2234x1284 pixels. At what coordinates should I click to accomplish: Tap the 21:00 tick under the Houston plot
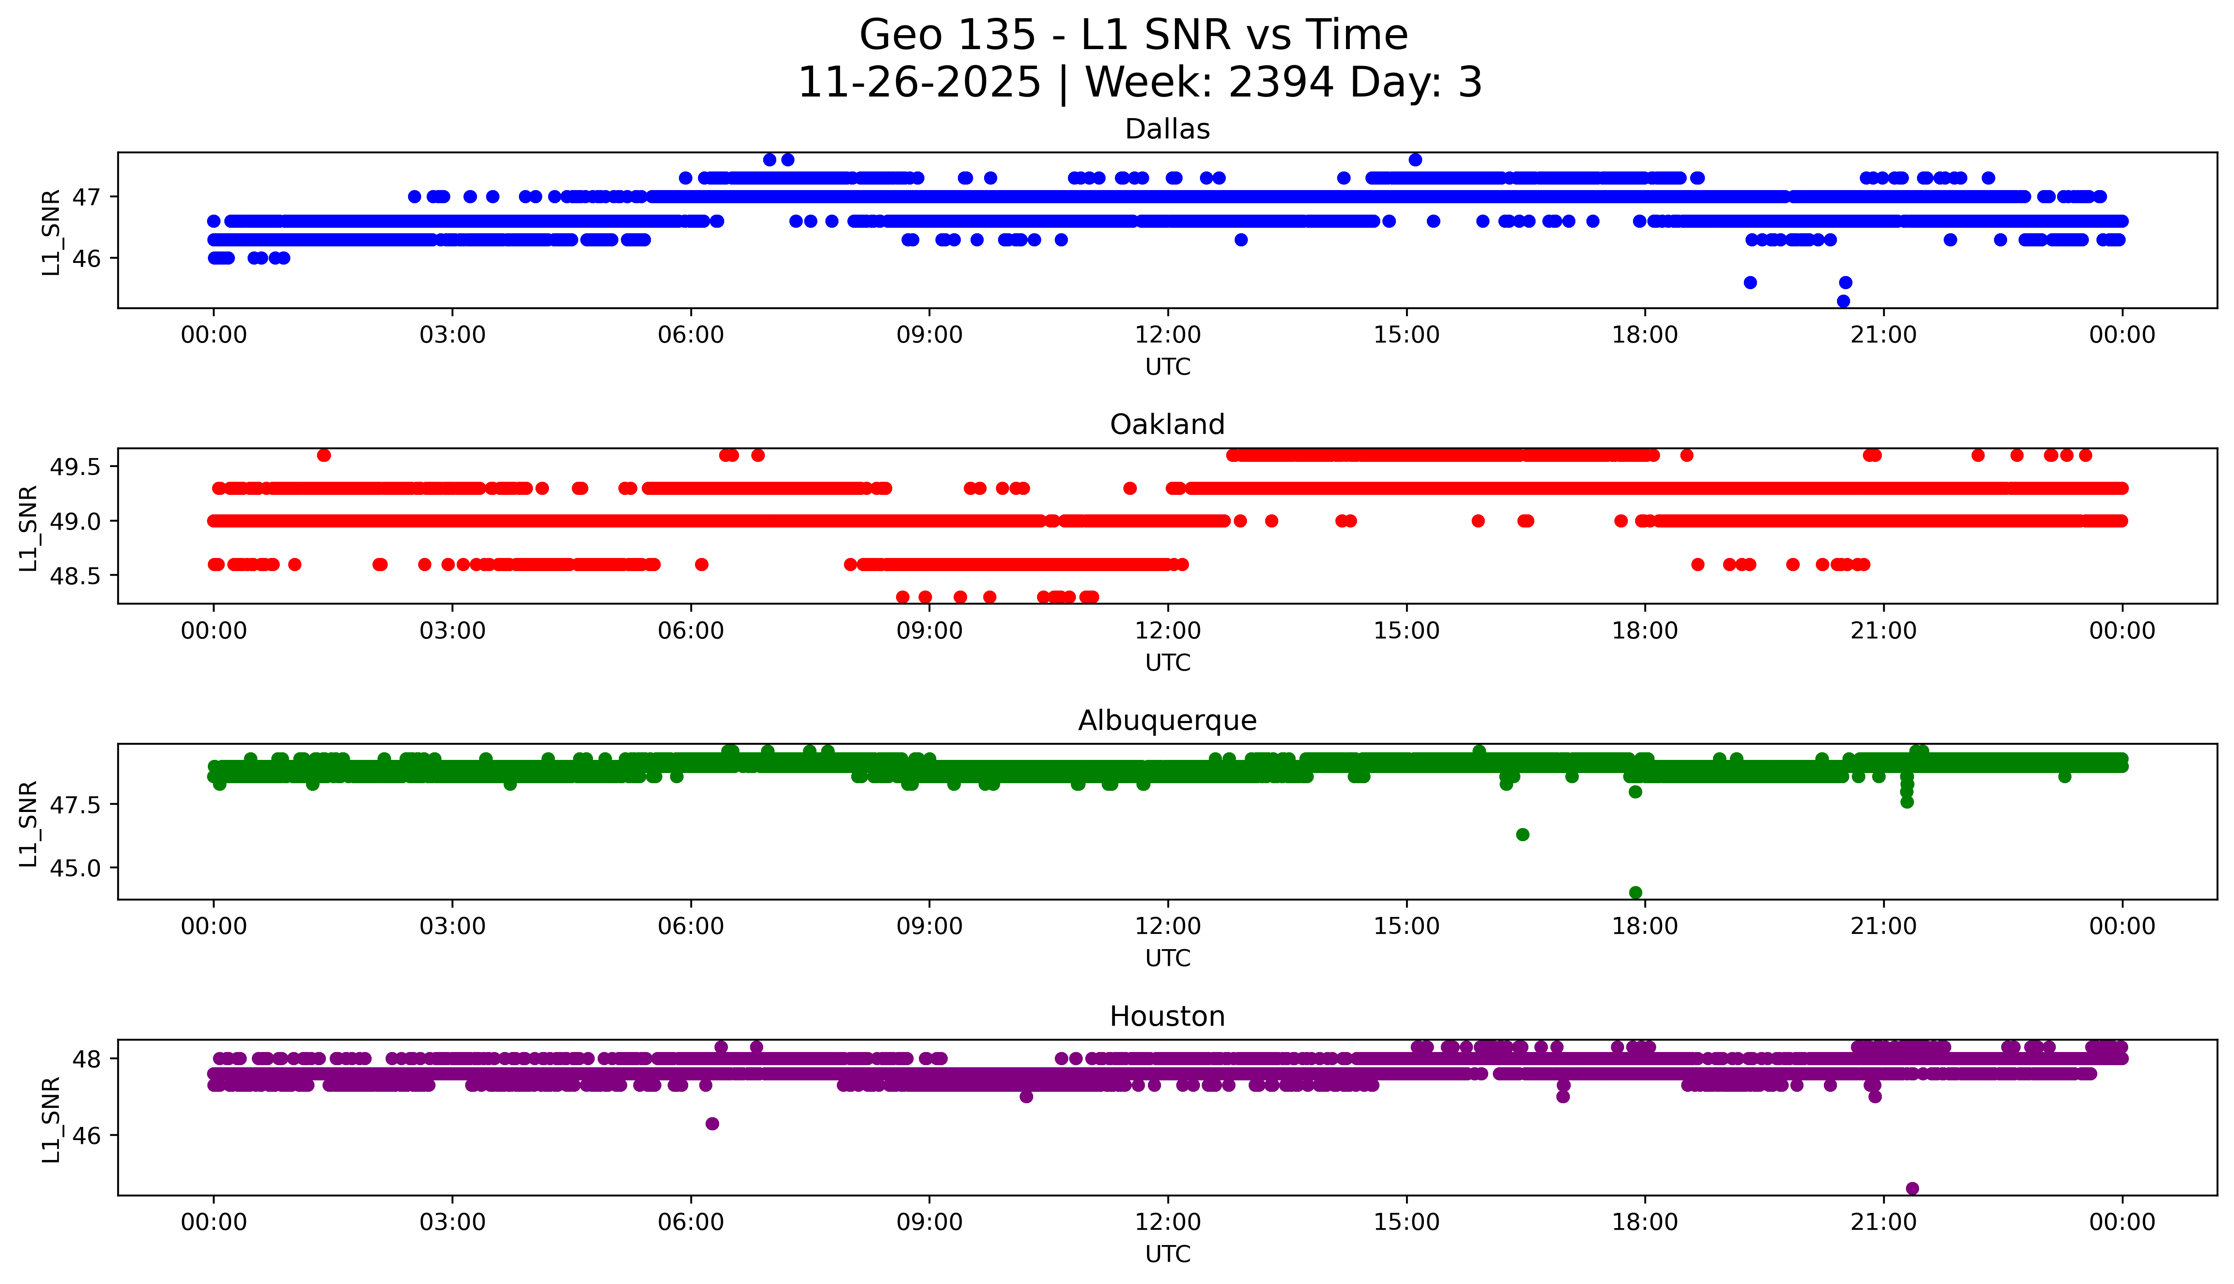tap(1883, 1222)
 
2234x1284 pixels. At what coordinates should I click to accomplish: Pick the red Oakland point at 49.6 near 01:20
tap(323, 455)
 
